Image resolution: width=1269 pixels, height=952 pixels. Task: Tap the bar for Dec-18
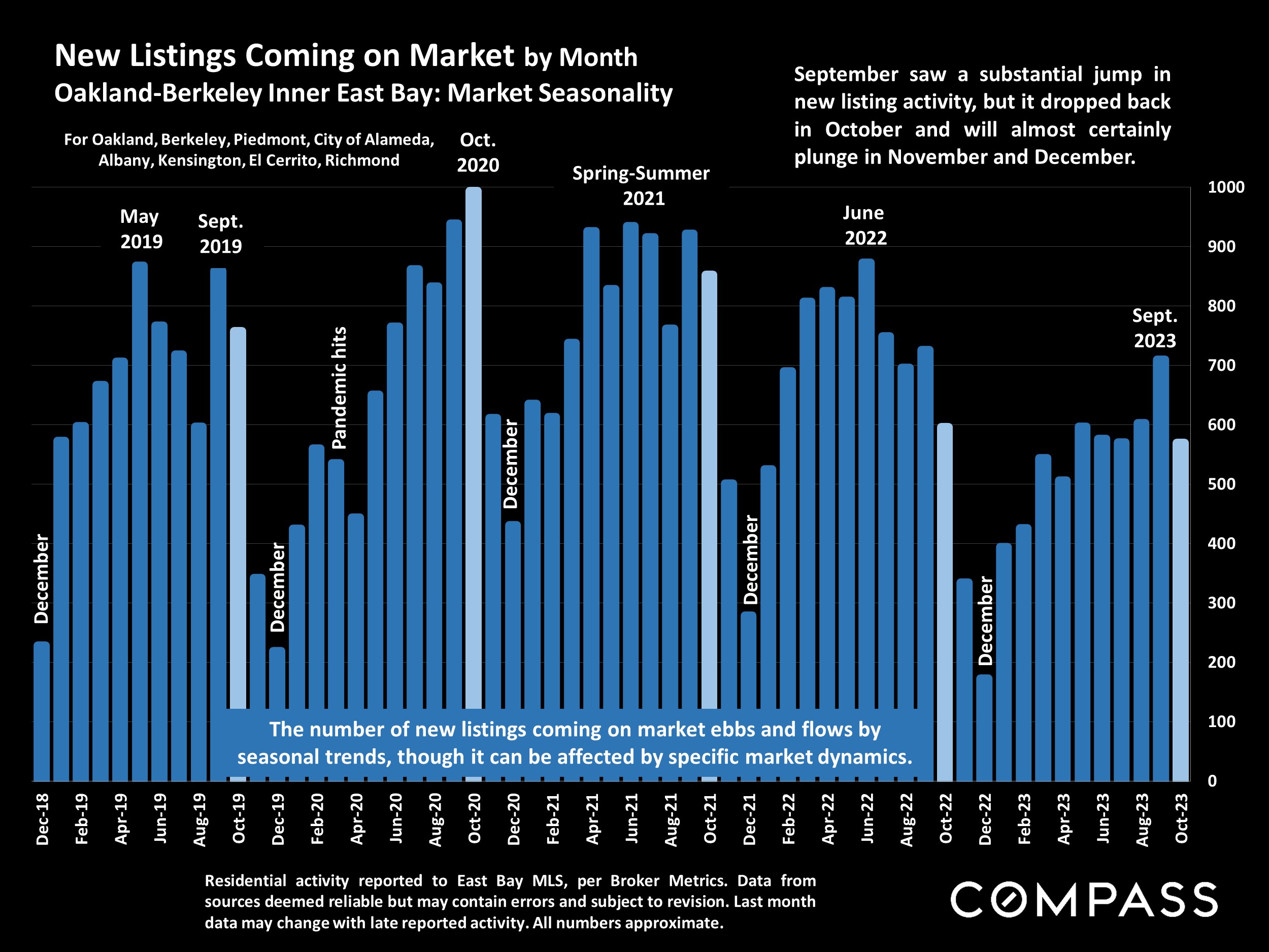tap(42, 711)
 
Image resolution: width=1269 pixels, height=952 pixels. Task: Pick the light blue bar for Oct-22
tap(945, 603)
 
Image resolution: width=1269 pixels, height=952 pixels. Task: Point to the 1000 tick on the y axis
tap(1225, 187)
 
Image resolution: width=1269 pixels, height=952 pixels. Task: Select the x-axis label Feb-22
tap(789, 819)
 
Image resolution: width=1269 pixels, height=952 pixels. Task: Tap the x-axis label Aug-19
tap(199, 819)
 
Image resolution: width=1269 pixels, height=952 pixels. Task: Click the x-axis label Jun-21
tap(631, 819)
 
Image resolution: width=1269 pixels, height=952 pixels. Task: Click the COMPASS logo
tap(1084, 900)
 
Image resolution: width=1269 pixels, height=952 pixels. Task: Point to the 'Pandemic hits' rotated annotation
tap(339, 388)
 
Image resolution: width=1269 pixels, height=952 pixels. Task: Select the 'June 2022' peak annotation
tap(864, 225)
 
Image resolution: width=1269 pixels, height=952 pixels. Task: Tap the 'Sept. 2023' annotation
tap(1154, 328)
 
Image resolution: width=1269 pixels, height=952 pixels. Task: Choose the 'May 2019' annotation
tap(141, 229)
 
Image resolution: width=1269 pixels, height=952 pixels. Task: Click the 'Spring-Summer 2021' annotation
tap(642, 185)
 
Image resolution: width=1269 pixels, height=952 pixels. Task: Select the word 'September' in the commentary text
tap(846, 74)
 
